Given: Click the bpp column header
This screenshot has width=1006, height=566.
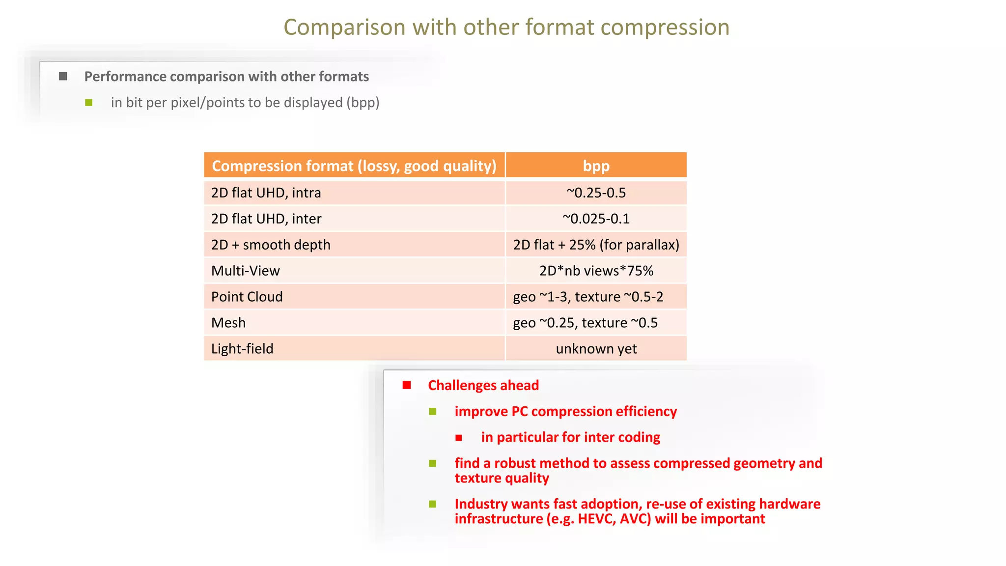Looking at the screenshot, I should [x=596, y=166].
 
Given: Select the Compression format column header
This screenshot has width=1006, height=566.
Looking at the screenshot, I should [x=354, y=166].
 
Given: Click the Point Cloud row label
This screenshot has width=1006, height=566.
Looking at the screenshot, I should [x=247, y=297].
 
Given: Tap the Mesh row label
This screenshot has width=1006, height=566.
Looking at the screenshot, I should [x=228, y=323].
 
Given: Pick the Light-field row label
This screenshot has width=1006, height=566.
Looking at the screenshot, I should [x=242, y=349].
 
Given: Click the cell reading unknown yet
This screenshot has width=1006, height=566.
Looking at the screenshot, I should [x=596, y=349].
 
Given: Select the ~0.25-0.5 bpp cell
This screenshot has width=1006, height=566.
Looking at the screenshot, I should [x=596, y=193].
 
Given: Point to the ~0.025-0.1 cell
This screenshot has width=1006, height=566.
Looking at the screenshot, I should [x=596, y=219].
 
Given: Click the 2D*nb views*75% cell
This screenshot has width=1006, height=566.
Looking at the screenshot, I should [x=596, y=271].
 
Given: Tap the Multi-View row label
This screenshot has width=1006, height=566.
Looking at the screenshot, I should [x=245, y=271].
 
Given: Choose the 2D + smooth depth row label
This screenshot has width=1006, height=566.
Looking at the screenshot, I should [x=271, y=245].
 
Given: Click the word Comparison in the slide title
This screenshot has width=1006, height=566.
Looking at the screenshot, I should [x=344, y=28].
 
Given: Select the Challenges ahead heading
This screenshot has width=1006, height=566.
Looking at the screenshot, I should [x=483, y=385].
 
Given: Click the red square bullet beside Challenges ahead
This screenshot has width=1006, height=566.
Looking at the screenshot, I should [x=407, y=385].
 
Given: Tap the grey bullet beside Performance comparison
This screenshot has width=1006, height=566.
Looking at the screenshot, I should [x=63, y=77].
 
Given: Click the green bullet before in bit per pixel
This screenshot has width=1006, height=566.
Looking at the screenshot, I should [x=89, y=103].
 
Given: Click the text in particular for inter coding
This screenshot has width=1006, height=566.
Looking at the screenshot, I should [x=570, y=437].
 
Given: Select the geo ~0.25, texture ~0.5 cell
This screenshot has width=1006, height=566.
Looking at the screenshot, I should [x=585, y=323].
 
